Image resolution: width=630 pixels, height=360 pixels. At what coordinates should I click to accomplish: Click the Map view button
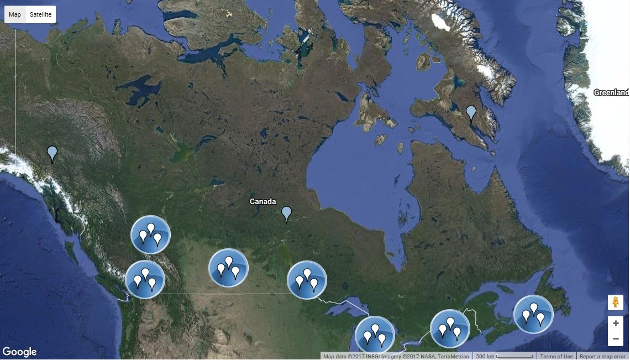(x=15, y=14)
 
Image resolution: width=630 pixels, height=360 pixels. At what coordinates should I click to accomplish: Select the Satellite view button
(x=40, y=14)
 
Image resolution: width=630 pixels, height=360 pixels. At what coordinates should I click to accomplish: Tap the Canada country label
(x=262, y=201)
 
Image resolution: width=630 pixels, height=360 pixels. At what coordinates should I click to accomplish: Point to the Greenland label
(x=611, y=92)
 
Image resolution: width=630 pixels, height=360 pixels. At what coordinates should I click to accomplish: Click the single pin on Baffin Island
(x=471, y=113)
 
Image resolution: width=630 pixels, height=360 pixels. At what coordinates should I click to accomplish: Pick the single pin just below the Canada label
(x=286, y=213)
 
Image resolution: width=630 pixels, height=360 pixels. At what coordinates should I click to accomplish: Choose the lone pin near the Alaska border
(x=52, y=153)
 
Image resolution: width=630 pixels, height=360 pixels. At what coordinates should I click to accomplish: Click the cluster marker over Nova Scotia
(x=533, y=314)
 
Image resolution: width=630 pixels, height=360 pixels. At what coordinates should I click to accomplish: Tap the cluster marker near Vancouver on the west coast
(x=145, y=279)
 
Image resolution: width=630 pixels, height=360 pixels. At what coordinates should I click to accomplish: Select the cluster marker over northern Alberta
(x=150, y=234)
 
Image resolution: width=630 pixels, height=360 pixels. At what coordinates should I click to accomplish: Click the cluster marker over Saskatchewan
(x=228, y=268)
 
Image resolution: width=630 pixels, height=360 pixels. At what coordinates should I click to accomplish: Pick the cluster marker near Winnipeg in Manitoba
(x=307, y=280)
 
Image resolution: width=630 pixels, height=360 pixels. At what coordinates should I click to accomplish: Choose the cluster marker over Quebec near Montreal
(x=450, y=328)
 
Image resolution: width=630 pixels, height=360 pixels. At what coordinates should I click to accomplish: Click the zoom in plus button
(x=616, y=324)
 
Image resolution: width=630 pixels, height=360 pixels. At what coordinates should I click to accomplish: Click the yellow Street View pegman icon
(x=616, y=302)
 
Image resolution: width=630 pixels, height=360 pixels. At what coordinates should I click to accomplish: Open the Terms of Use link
(x=556, y=356)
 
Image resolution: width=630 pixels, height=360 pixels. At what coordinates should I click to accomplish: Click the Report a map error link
(x=602, y=356)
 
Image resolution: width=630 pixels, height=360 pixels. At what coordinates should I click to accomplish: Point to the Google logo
(x=19, y=352)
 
